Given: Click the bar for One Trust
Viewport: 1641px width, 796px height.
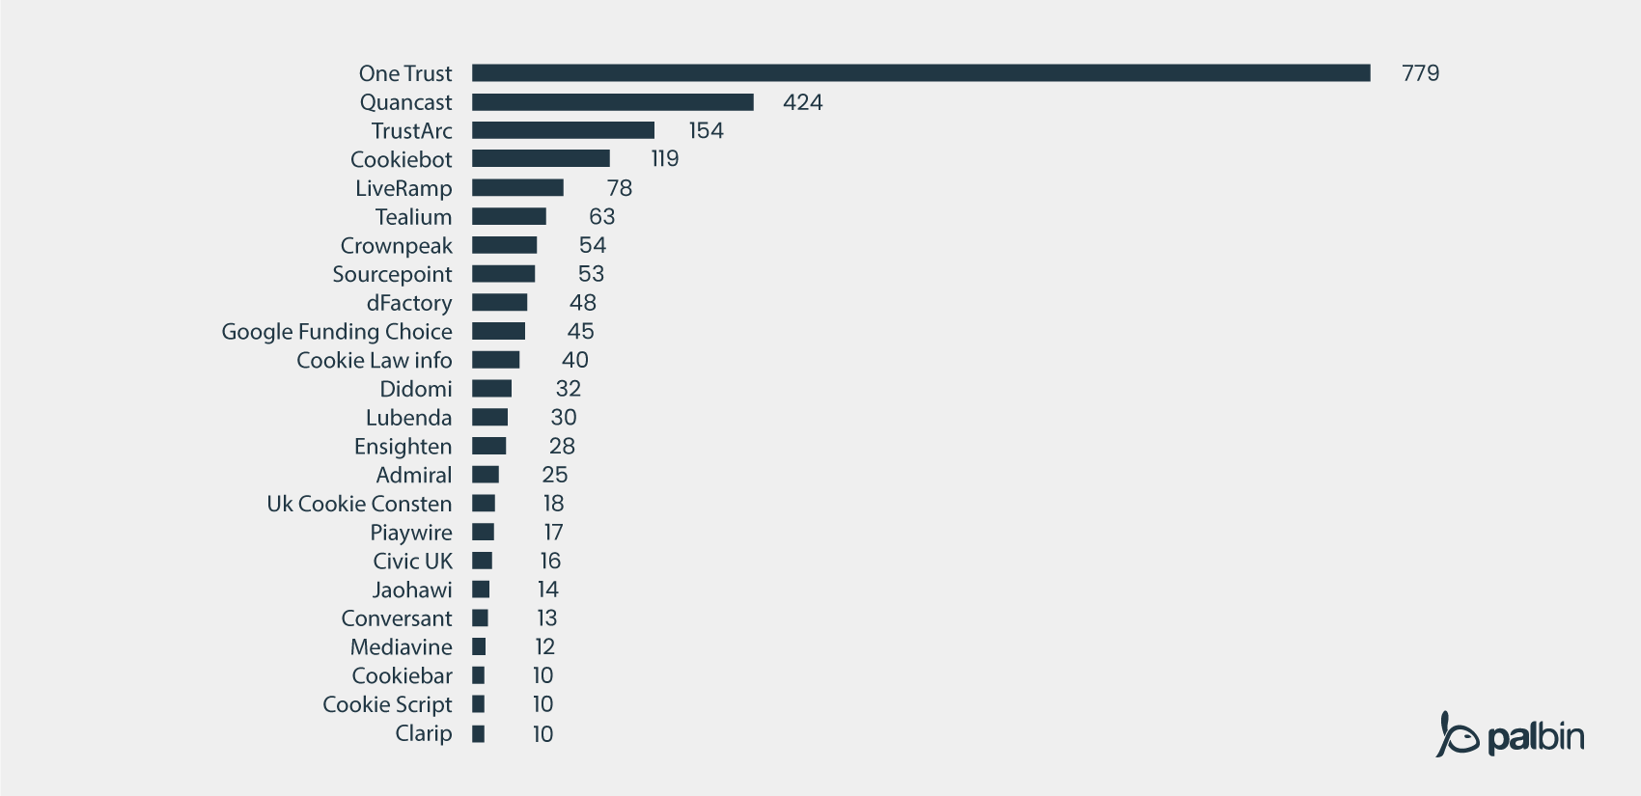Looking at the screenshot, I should [921, 73].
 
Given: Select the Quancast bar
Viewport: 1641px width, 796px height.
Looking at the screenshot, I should [612, 102].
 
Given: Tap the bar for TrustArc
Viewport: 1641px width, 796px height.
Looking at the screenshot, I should [563, 130].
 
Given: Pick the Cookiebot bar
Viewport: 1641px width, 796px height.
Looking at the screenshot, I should [541, 158].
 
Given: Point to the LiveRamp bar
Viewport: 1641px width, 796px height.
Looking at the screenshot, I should [517, 187].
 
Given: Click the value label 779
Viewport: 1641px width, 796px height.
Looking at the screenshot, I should [1420, 73].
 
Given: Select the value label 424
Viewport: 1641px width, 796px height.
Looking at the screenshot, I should [802, 102].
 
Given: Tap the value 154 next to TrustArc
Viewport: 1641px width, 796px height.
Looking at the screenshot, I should [706, 130].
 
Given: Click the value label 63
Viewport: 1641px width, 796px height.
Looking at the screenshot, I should [601, 216].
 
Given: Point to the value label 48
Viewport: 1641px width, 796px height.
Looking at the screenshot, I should [583, 302].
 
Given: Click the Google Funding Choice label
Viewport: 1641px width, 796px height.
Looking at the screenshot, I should [337, 331].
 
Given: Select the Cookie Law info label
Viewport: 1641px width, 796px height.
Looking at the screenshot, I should [374, 360].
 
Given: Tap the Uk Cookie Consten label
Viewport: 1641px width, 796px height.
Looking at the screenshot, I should [359, 504].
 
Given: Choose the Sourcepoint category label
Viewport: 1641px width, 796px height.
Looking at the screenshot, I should [392, 274].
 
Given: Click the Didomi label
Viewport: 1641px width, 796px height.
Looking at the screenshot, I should [415, 389].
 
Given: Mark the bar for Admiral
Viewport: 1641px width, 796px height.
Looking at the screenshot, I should [486, 475].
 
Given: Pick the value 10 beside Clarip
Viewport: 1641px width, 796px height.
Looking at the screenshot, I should [542, 734].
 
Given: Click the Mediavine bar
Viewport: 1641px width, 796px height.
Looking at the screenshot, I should [479, 646].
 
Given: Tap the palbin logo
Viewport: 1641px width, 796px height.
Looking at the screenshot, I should [1510, 735].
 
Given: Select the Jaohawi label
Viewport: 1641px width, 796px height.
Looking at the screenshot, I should [412, 590].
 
